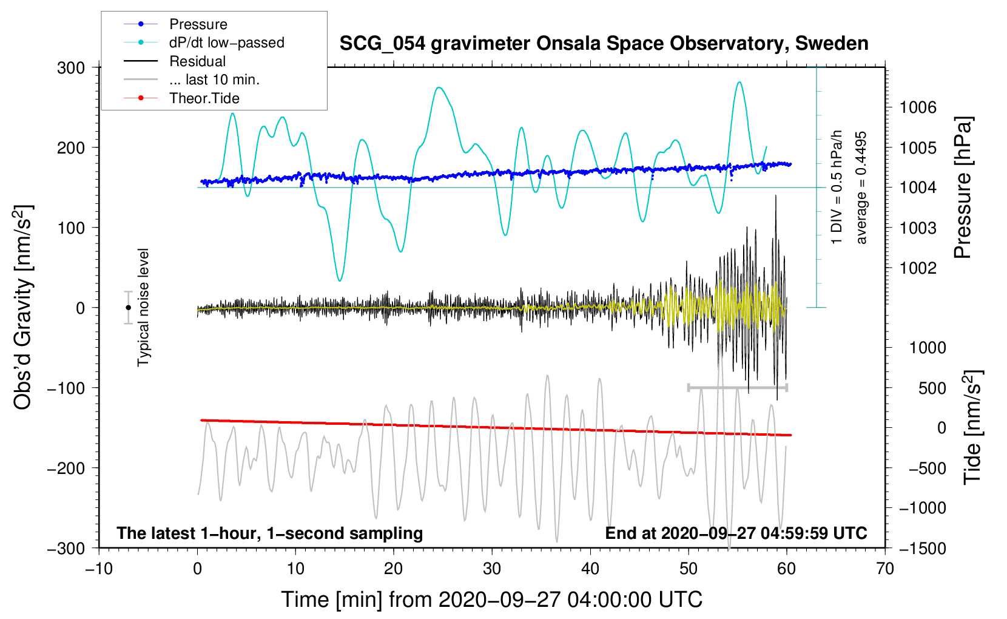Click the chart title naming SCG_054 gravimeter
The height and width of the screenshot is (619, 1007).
click(604, 44)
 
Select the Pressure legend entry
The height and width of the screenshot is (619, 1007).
click(198, 24)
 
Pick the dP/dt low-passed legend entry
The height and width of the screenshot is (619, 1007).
click(226, 42)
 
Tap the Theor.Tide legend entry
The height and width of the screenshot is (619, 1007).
click(204, 98)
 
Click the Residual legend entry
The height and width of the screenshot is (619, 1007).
click(197, 61)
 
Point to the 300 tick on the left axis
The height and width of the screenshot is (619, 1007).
click(71, 67)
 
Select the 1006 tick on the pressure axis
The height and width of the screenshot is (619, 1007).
click(918, 107)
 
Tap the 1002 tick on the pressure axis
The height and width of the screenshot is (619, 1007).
click(918, 268)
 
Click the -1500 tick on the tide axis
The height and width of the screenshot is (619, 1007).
click(923, 548)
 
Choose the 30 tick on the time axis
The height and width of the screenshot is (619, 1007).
click(492, 569)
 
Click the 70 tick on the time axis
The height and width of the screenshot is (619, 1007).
click(885, 569)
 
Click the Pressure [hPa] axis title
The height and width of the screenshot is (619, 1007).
click(963, 188)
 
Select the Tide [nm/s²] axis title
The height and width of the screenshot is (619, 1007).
click(973, 427)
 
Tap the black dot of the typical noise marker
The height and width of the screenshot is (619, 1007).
click(129, 308)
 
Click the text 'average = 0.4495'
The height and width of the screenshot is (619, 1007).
click(861, 188)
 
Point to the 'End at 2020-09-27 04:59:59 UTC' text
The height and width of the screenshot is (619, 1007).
click(736, 533)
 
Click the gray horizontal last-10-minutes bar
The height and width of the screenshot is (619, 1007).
click(738, 387)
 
